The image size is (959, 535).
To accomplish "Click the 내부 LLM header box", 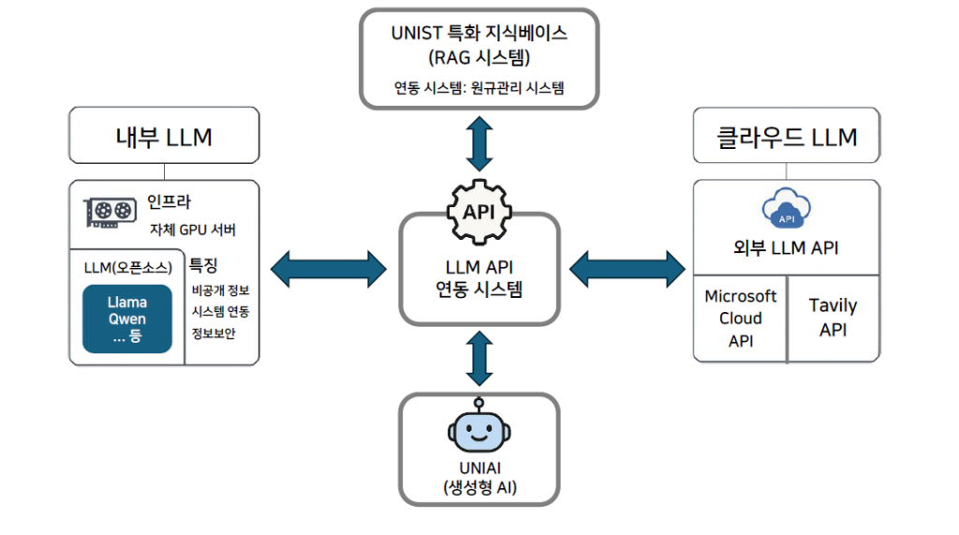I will coord(164,137).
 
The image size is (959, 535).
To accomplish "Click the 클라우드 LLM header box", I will coord(787,137).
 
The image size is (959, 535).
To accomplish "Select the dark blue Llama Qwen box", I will coord(127,319).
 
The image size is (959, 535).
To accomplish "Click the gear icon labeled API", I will coord(479,212).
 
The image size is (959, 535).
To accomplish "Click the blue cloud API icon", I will coord(786,212).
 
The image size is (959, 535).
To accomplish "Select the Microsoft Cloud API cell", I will coord(741,319).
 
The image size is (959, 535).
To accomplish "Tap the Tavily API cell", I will coord(833,319).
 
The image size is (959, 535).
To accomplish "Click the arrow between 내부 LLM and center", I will coord(329,268).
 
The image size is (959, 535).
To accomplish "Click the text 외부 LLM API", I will coord(786,248).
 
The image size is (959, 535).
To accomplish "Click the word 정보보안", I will coord(214,334).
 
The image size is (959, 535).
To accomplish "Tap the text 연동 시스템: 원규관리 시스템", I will coord(479,89).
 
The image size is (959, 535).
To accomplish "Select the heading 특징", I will coord(204,265).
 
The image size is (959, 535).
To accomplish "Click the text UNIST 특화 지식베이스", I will coord(479,33).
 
